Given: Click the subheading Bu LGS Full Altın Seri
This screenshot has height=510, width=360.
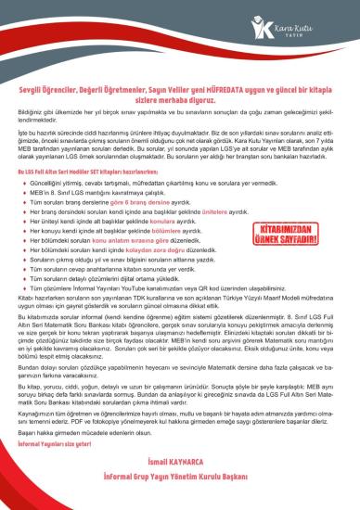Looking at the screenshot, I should [x=74, y=173].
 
